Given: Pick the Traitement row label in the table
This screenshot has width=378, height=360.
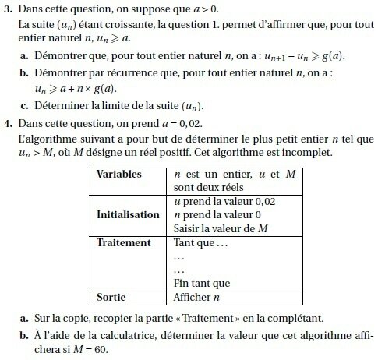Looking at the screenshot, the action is click(123, 243).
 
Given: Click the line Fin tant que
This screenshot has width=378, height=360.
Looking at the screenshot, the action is click(202, 284).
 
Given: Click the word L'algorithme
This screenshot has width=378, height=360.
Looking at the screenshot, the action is click(44, 139).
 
